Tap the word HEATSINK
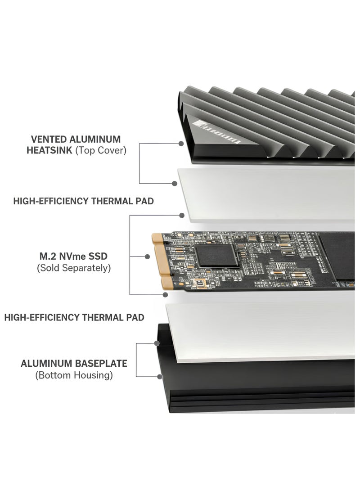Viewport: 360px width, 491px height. click(x=49, y=150)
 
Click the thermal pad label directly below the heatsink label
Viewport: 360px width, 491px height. click(x=83, y=201)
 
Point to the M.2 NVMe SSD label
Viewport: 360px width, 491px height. click(x=73, y=256)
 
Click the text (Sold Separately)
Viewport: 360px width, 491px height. click(x=73, y=268)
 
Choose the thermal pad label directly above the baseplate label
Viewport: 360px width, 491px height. click(x=74, y=317)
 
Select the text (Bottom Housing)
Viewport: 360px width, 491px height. click(x=74, y=375)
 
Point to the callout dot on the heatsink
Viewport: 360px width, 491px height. click(x=181, y=144)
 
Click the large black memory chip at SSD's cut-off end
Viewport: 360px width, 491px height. click(x=337, y=257)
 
